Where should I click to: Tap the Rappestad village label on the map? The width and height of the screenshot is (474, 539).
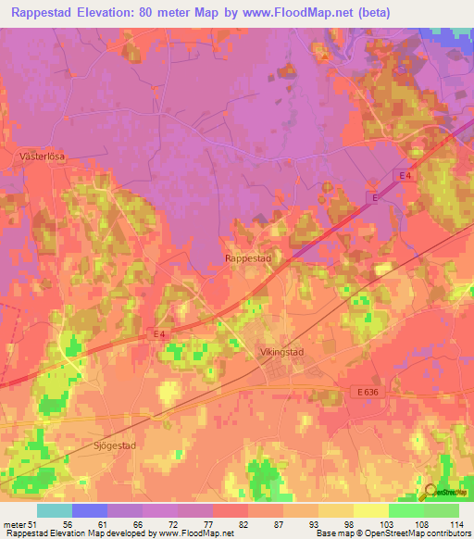[247, 259]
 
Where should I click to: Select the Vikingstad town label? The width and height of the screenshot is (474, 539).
[280, 352]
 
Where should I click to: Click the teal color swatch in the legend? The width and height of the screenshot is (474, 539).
[55, 510]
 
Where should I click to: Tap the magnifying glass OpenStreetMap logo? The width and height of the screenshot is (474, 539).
[430, 494]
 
